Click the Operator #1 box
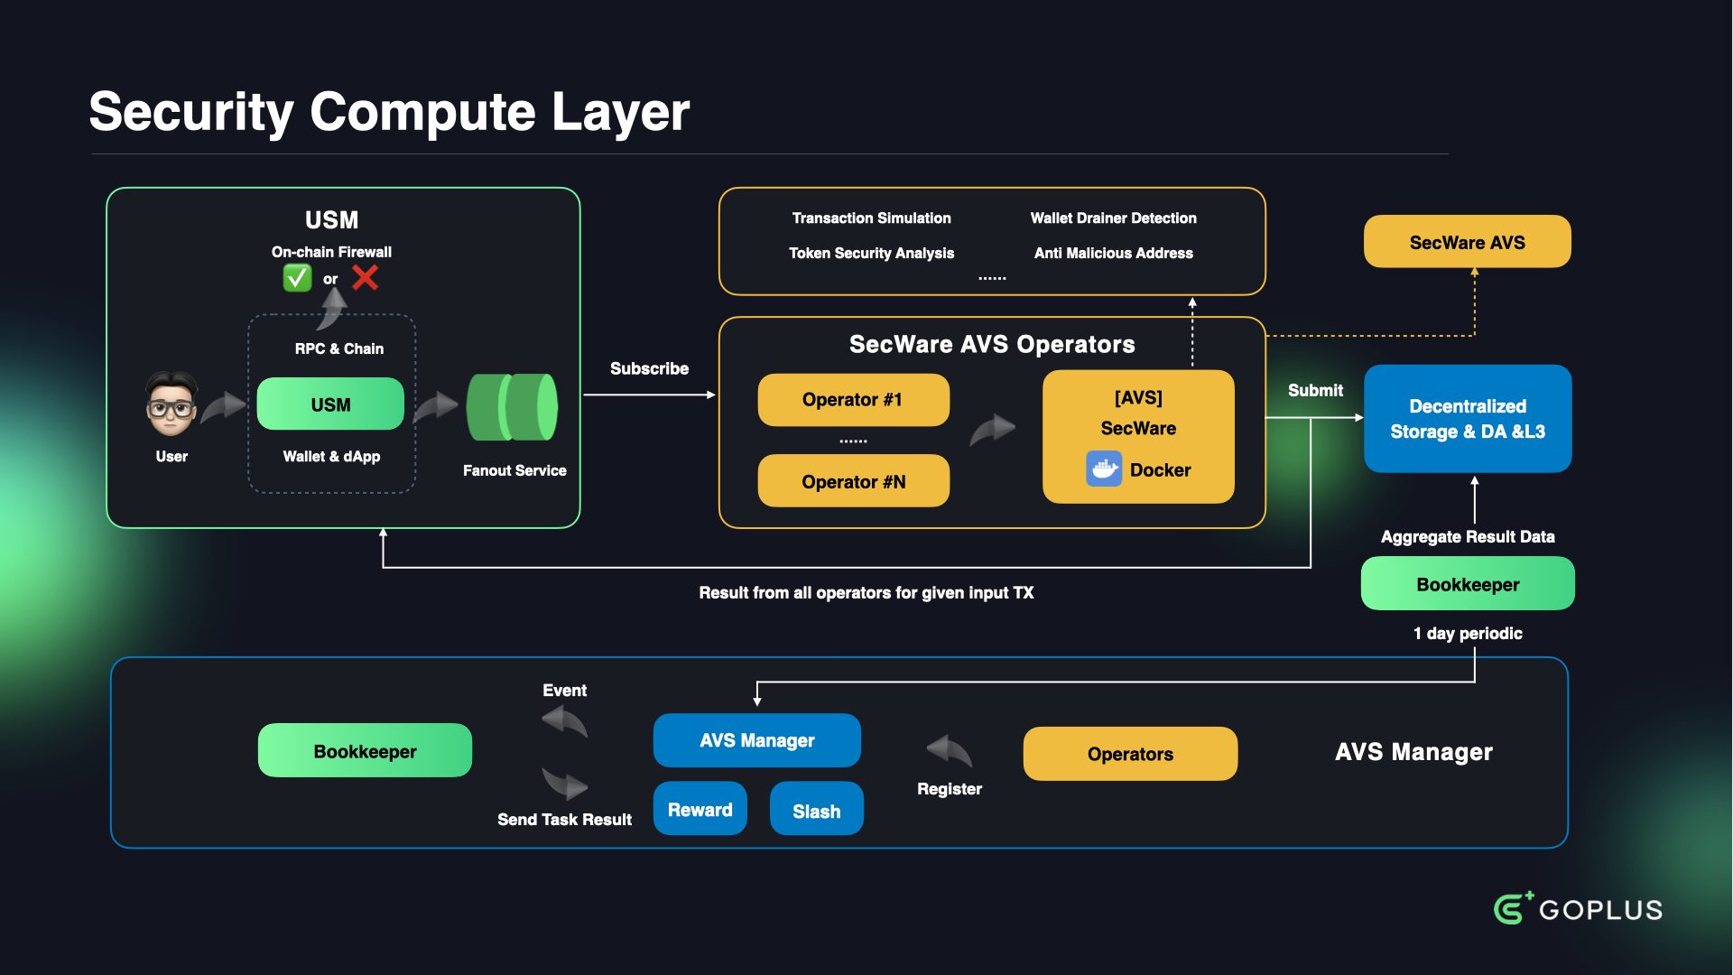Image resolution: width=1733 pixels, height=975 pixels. coord(853,400)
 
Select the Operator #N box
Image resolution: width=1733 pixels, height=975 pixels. coord(853,481)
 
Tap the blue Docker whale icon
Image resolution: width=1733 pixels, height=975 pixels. coord(1103,469)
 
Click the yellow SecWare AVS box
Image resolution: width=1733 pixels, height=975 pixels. coord(1467,242)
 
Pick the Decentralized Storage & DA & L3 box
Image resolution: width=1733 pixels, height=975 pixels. coord(1467,419)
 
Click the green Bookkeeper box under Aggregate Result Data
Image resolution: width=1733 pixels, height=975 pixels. coord(1467,584)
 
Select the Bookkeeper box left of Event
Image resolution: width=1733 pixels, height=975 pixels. coord(365,751)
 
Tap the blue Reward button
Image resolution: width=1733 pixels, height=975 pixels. coord(700,810)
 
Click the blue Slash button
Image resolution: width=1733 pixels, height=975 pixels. coord(816,810)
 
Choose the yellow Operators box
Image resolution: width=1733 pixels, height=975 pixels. coord(1130,754)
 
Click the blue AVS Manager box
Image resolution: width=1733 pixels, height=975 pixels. coord(756,740)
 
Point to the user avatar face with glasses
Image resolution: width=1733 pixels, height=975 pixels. coord(171,404)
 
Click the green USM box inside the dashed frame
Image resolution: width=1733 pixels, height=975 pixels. coord(330,404)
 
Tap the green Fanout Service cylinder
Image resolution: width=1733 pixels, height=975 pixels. coord(512,407)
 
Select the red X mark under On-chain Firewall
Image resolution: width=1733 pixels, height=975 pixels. coord(365,277)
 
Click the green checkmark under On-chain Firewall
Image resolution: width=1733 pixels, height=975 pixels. coord(297,278)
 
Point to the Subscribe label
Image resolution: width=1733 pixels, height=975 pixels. coord(649,368)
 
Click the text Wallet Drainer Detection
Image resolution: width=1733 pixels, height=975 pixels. coord(1113,218)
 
